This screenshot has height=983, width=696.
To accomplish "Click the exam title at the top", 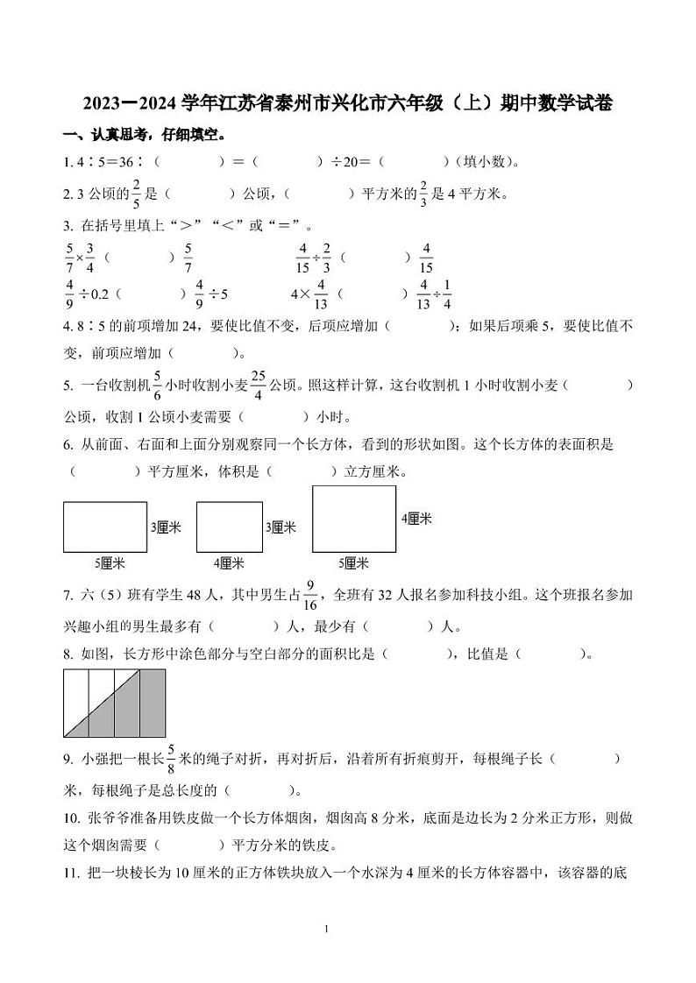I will pyautogui.click(x=348, y=104).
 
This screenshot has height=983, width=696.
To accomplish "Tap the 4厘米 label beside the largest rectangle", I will pyautogui.click(x=416, y=519).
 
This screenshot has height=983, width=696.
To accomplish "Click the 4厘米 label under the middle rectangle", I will pyautogui.click(x=229, y=562).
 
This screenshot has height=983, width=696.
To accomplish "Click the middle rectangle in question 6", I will pyautogui.click(x=230, y=527).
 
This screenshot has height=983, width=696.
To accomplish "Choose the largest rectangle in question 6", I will pyautogui.click(x=353, y=520).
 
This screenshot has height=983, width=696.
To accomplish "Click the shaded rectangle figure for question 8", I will pyautogui.click(x=115, y=703).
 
